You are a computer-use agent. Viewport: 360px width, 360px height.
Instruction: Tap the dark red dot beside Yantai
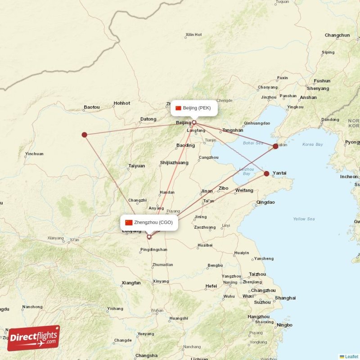pyautogui.click(x=266, y=173)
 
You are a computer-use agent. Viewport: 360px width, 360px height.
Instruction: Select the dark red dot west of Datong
pyautogui.click(x=84, y=135)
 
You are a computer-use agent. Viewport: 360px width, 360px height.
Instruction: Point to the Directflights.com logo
pyautogui.click(x=34, y=337)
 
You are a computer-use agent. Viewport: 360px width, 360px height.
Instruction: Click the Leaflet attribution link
pyautogui.click(x=352, y=356)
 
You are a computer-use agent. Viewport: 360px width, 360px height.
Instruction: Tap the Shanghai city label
pyautogui.click(x=285, y=298)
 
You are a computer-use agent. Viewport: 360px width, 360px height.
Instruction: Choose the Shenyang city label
pyautogui.click(x=318, y=89)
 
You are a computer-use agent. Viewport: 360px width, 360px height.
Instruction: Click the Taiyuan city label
pyautogui.click(x=136, y=166)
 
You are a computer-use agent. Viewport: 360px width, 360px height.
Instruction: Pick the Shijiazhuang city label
pyautogui.click(x=174, y=162)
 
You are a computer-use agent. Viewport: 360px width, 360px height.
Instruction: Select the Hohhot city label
pyautogui.click(x=121, y=103)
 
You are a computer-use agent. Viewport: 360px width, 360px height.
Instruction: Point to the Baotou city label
pyautogui.click(x=92, y=107)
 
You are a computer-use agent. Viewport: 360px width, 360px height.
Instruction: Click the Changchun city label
pyautogui.click(x=337, y=35)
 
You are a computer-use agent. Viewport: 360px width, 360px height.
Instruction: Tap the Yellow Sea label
pyautogui.click(x=304, y=219)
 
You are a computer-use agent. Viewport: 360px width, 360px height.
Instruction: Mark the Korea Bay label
pyautogui.click(x=313, y=144)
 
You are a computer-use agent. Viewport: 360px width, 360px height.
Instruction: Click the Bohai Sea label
pyautogui.click(x=253, y=143)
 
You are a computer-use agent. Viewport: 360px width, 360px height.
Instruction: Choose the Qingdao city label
pyautogui.click(x=265, y=202)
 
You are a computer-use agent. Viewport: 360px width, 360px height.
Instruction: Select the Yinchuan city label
pyautogui.click(x=34, y=154)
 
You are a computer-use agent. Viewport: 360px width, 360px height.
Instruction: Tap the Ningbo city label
pyautogui.click(x=284, y=325)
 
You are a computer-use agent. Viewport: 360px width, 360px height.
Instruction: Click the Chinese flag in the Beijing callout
pyautogui.click(x=178, y=108)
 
